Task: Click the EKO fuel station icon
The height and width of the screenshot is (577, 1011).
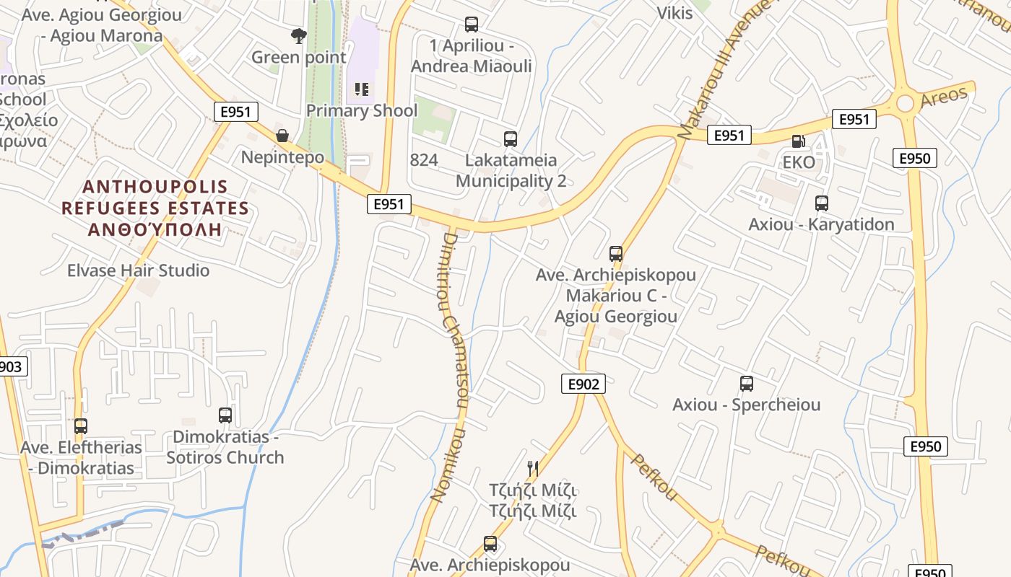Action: coord(798,142)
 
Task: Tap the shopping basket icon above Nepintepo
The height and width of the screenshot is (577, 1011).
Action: coord(282,136)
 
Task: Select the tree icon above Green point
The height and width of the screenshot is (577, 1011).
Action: coord(298,35)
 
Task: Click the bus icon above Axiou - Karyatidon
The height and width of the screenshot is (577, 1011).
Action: coord(821,203)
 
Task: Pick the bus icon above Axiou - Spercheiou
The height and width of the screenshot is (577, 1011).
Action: coord(747,384)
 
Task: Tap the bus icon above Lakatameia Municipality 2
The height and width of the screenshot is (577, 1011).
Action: coord(511,139)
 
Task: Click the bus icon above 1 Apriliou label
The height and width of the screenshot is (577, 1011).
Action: coord(472,25)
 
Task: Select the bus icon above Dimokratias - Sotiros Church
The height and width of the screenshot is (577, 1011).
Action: coord(225,415)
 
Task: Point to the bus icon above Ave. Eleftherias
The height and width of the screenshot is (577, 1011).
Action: coord(81,426)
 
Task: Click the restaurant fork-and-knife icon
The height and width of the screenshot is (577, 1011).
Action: coord(533,469)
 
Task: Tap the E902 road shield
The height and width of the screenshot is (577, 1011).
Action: coord(583,384)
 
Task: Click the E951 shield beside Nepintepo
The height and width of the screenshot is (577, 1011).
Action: coord(235,112)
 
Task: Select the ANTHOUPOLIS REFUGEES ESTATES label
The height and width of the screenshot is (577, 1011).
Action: coord(155,208)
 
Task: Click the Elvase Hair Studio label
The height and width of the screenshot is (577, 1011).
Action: coord(138,270)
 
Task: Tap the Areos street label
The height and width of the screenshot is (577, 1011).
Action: coord(944,97)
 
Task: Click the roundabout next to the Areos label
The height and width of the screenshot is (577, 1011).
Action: coord(905,104)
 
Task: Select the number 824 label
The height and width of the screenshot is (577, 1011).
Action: coord(423,160)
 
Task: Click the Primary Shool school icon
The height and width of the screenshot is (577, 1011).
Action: coord(362,90)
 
